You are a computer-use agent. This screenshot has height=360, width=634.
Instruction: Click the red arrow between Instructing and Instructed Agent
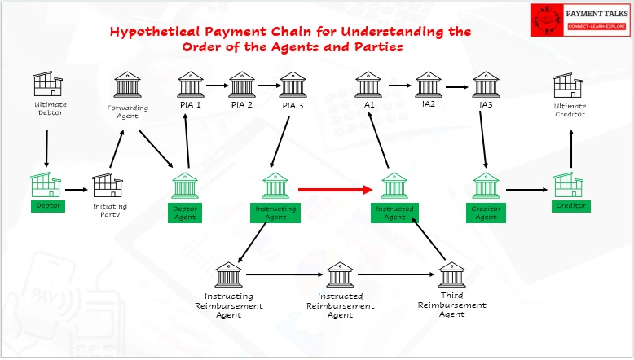tap(335, 190)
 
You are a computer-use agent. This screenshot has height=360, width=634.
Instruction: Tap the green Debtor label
tap(48, 206)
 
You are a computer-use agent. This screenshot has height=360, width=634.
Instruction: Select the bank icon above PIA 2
tap(242, 85)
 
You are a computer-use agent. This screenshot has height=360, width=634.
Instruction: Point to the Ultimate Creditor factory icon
tap(568, 86)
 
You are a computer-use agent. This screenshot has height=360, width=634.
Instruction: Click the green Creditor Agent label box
tap(486, 213)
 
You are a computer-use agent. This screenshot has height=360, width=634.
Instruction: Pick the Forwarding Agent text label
tap(127, 112)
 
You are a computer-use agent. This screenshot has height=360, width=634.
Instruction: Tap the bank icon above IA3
tap(486, 85)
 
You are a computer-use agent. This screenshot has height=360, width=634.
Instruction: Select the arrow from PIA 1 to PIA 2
tap(217, 86)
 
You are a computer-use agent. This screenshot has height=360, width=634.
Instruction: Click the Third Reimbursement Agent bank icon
tap(451, 274)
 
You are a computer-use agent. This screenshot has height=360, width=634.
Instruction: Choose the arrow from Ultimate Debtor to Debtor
tap(46, 148)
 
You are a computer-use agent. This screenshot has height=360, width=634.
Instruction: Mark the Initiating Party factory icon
tap(108, 185)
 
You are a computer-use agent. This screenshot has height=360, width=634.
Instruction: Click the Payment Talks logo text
tap(597, 14)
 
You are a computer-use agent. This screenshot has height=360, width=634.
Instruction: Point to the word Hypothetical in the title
tap(156, 32)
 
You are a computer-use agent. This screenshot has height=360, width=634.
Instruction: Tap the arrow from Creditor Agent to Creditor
tap(526, 190)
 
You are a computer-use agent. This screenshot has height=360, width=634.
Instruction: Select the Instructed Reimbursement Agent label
tap(340, 306)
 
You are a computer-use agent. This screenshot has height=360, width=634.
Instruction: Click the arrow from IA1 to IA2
tap(400, 86)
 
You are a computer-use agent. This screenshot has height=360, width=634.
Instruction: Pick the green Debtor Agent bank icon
tap(185, 186)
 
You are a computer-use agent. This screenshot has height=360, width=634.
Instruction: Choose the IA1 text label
tap(368, 104)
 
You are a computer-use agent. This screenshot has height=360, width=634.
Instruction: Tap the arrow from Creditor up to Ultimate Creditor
tap(571, 149)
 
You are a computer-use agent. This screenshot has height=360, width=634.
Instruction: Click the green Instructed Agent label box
tap(394, 213)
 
